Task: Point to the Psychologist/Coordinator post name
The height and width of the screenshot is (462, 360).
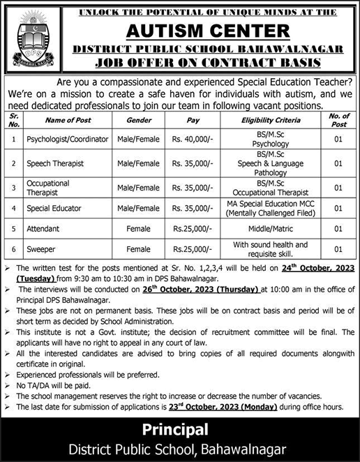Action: (x=66, y=139)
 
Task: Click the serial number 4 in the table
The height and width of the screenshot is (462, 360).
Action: (x=13, y=207)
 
